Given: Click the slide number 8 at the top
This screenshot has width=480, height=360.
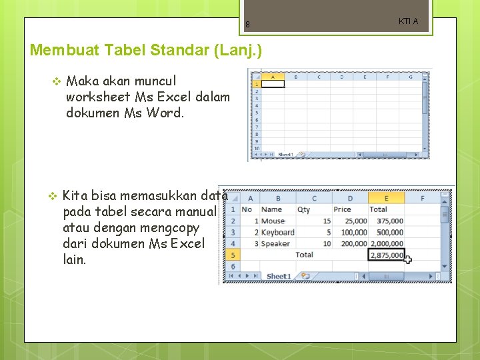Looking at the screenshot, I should [x=247, y=25].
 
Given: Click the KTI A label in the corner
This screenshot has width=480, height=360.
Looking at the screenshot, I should [x=408, y=21].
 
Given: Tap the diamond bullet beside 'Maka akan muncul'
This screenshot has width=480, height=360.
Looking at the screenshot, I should [x=56, y=81].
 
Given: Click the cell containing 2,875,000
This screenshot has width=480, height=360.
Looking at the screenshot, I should [x=387, y=255].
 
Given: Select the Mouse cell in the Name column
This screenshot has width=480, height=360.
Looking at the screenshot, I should [x=273, y=221].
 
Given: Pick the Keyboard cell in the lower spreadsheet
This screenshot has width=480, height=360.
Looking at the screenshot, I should [x=277, y=232].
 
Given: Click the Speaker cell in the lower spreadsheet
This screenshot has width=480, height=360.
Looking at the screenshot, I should [x=275, y=243].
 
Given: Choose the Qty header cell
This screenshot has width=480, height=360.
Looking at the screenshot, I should [x=304, y=209].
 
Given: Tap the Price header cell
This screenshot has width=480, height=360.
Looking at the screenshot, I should [x=342, y=209].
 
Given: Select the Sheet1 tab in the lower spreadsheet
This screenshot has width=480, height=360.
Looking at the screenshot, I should [x=279, y=276].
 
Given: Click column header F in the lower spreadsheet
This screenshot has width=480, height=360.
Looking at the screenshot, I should [x=422, y=198].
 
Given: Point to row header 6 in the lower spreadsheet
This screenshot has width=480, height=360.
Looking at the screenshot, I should [x=232, y=266].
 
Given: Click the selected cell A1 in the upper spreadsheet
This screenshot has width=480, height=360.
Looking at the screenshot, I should [x=273, y=85].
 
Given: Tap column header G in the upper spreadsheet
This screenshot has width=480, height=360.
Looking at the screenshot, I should [x=410, y=77].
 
